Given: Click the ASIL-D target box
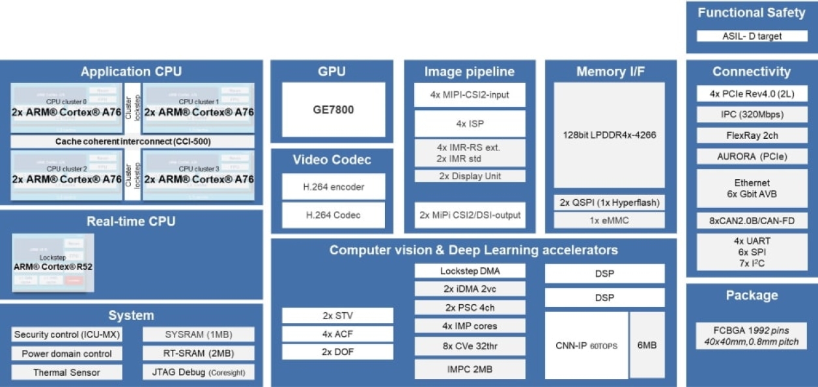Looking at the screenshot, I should tap(752, 36).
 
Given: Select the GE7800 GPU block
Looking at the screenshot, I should tap(333, 109).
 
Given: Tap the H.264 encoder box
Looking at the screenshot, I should tap(333, 187).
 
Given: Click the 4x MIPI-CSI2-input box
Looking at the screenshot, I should tap(470, 95).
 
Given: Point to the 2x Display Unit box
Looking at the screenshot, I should tap(470, 176).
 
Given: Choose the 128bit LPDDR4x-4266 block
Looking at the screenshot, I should tap(609, 136).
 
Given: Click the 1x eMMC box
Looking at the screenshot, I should tap(609, 220).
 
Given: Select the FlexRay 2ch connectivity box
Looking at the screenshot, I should tap(752, 136).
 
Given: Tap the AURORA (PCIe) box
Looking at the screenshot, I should tap(752, 156).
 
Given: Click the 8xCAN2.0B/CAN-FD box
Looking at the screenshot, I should tap(752, 220).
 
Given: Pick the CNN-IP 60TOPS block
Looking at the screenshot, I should tap(586, 345).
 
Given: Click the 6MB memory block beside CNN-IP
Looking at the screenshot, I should tap(647, 345).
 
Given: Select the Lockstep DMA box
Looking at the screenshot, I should tap(470, 271).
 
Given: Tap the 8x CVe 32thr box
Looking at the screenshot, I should tap(470, 346).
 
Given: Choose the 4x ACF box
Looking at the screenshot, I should tap(337, 334).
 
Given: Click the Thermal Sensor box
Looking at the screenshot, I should tap(67, 373).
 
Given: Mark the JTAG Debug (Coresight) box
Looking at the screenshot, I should tap(198, 373).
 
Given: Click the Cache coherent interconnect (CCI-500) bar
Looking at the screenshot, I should tap(133, 141).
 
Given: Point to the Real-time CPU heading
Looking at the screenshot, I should tap(131, 222).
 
